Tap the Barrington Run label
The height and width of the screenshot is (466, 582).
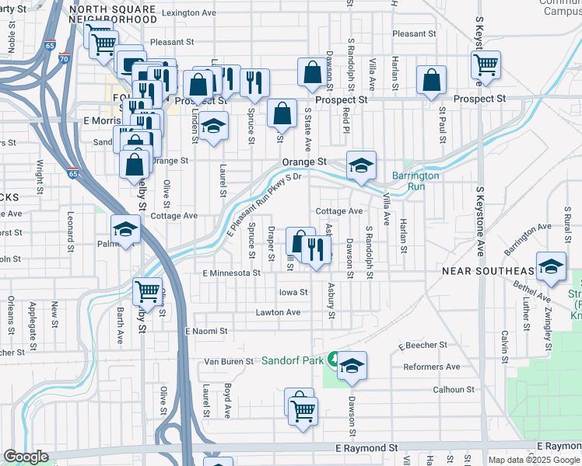coord(415,181)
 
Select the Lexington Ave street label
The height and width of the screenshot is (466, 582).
coord(190,13)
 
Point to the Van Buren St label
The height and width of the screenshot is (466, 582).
coord(229,361)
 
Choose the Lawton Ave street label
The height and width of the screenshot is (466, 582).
coord(278,312)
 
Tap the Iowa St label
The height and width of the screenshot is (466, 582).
coord(293,293)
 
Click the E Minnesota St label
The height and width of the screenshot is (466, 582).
coord(231,273)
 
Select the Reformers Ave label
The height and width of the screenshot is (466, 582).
coord(431,367)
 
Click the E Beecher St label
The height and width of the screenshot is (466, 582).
coord(422,345)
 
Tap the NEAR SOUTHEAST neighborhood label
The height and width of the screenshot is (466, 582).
coord(488,271)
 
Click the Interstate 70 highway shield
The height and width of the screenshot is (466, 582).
coord(64,57)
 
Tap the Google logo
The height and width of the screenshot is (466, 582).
coord(26,457)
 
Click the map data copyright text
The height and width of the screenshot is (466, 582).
coord(533,460)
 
